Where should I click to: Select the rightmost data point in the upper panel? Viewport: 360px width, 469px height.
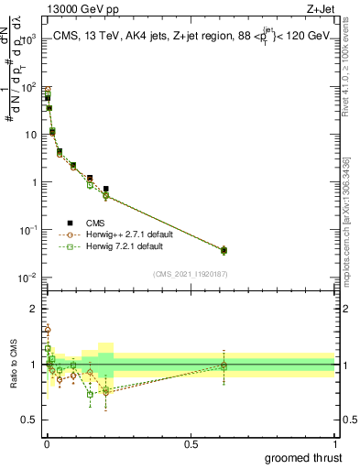click(224, 250)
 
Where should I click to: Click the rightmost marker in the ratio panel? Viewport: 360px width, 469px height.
click(224, 365)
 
